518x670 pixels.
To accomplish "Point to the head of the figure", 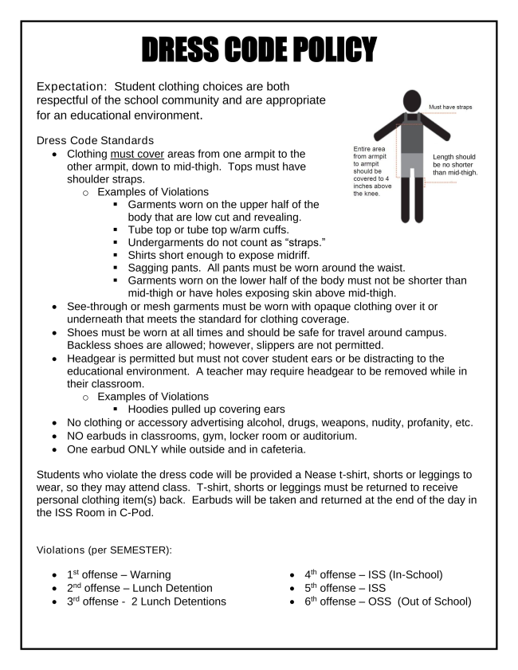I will pos(412,100).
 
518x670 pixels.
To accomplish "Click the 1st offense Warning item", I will pos(119,573).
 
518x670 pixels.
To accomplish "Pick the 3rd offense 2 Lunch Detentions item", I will pos(147,601).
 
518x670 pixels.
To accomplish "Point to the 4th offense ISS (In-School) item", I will pos(374,573).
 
